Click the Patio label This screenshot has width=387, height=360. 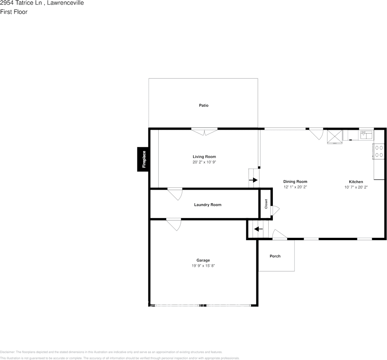pyautogui.click(x=204, y=105)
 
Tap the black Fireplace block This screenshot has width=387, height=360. pyautogui.click(x=143, y=159)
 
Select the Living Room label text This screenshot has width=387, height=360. pyautogui.click(x=204, y=157)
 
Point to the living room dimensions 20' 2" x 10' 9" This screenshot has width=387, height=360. pyautogui.click(x=204, y=162)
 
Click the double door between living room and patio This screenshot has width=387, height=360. pyautogui.click(x=204, y=132)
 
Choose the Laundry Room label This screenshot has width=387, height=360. pyautogui.click(x=208, y=205)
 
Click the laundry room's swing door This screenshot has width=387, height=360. pyautogui.click(x=175, y=193)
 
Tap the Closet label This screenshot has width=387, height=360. pyautogui.click(x=266, y=204)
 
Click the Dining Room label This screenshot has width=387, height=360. pyautogui.click(x=295, y=182)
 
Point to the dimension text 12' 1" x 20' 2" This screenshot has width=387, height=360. pyautogui.click(x=295, y=187)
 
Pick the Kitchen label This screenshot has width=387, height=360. pyautogui.click(x=356, y=182)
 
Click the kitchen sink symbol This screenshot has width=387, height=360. pyautogui.click(x=366, y=134)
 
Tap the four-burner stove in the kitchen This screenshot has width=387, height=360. pyautogui.click(x=379, y=151)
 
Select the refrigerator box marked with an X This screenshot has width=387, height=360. pyautogui.click(x=334, y=136)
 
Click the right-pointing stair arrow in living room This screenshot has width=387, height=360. pyautogui.click(x=253, y=180)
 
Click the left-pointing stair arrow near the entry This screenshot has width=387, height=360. pyautogui.click(x=258, y=229)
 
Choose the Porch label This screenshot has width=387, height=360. pyautogui.click(x=275, y=256)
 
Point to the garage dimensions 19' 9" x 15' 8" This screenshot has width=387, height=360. pyautogui.click(x=203, y=266)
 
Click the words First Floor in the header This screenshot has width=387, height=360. pyautogui.click(x=14, y=12)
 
